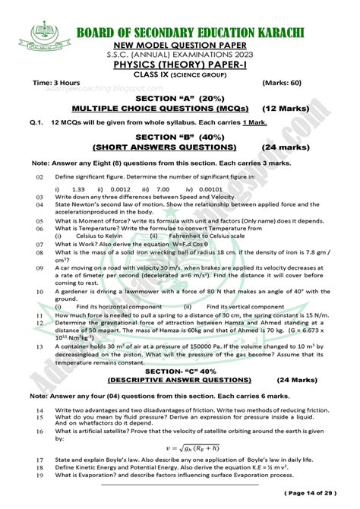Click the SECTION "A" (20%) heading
[x=180, y=98]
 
